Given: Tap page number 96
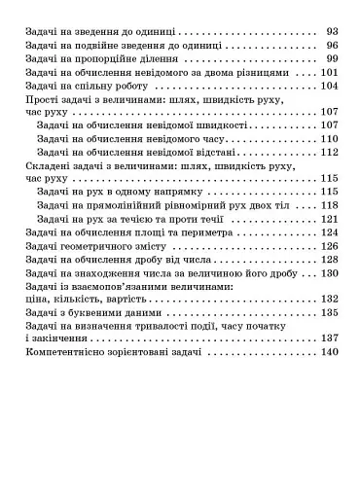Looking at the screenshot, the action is [x=332, y=45].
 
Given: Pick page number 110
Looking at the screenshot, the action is [x=329, y=138].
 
